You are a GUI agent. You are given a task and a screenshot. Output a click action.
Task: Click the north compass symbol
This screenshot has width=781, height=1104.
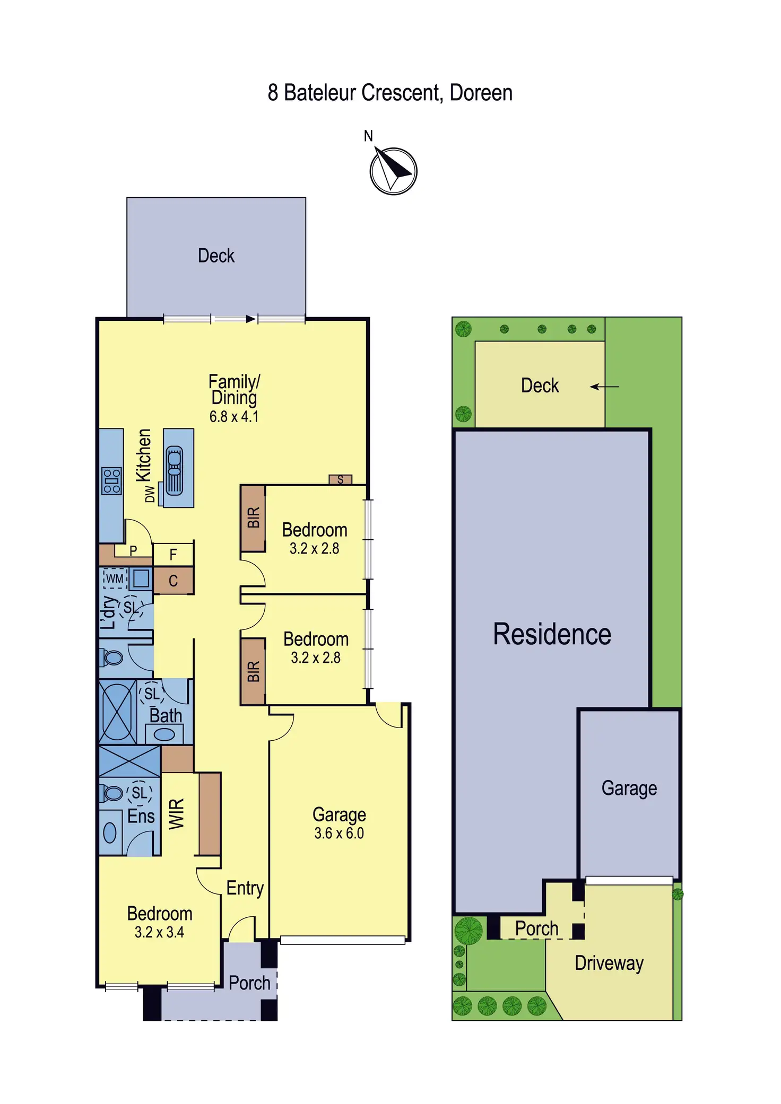393,171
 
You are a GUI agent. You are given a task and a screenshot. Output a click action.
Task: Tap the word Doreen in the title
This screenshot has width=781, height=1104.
481,93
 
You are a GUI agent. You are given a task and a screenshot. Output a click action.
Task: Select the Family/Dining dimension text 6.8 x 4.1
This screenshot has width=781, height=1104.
234,417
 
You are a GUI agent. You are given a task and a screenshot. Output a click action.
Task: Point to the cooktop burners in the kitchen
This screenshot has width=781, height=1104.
112,481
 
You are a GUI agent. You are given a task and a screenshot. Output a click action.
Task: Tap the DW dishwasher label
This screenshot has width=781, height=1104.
150,494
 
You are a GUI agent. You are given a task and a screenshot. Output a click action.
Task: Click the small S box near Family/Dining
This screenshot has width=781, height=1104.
340,479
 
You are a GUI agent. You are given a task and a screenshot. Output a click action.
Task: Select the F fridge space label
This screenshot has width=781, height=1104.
173,555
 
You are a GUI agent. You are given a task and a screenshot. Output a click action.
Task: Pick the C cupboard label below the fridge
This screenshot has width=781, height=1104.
173,581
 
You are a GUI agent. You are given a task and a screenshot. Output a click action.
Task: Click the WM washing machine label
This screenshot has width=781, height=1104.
115,579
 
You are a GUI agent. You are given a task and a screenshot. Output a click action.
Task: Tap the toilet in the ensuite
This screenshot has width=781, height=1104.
111,793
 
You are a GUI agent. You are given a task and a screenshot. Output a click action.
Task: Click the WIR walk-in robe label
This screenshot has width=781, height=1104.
177,813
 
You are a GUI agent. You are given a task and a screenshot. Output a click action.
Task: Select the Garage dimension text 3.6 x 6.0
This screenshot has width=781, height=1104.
339,833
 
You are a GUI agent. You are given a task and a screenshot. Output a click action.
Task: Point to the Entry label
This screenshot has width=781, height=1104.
245,888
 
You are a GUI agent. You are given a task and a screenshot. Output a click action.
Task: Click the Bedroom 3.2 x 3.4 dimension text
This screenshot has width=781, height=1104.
159,932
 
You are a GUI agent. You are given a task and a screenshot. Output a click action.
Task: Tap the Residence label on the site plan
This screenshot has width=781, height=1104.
552,634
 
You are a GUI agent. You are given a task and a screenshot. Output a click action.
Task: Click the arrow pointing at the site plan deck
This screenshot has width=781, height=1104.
605,387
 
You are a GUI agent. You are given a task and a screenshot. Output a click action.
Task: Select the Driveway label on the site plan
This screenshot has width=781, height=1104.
609,963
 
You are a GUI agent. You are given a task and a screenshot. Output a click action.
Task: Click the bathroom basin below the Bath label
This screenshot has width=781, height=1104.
164,734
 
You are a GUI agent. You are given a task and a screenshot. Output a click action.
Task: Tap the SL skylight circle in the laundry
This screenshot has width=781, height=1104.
130,608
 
